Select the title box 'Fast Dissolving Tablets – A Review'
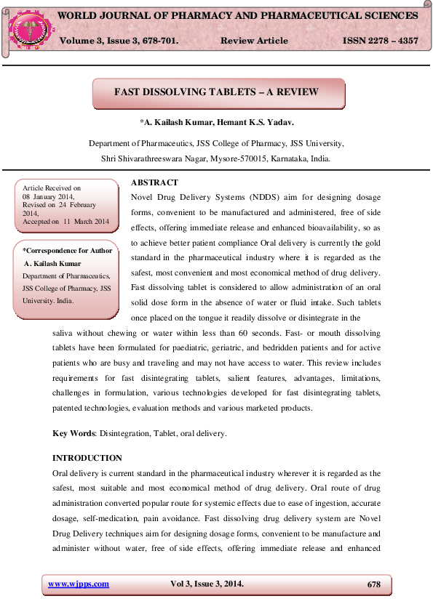click(x=217, y=92)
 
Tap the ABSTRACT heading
click(x=154, y=182)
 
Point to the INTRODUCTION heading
click(x=87, y=458)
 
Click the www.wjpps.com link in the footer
click(x=78, y=584)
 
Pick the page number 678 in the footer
click(x=373, y=584)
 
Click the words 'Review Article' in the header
click(x=253, y=41)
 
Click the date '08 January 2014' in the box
click(x=48, y=197)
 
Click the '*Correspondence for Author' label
click(x=68, y=251)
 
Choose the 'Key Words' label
click(x=74, y=433)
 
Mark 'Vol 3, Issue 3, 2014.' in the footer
click(x=207, y=584)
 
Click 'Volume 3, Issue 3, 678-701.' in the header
click(x=119, y=41)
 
